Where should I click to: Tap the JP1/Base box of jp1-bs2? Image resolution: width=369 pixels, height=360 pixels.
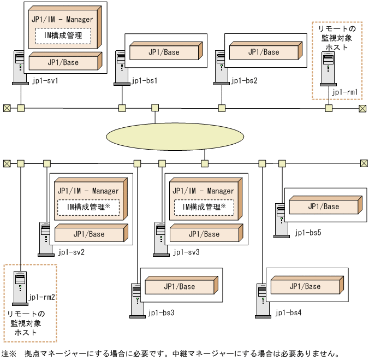(263, 52)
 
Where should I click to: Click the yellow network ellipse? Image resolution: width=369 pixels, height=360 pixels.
(175, 137)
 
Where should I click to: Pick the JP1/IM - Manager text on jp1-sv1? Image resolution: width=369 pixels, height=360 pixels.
(62, 19)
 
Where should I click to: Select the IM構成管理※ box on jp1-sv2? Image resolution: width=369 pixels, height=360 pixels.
(88, 208)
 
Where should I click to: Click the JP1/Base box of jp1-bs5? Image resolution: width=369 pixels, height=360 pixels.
(323, 206)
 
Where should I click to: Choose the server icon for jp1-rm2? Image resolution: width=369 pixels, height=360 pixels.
(20, 287)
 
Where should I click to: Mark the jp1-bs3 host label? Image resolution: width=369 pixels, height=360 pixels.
(161, 313)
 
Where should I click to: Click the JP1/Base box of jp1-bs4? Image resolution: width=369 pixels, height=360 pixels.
(305, 286)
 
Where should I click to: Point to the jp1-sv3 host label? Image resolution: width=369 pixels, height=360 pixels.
(186, 253)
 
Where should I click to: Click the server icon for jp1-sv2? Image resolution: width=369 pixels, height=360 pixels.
(44, 239)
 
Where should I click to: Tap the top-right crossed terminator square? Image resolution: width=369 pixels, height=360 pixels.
(362, 108)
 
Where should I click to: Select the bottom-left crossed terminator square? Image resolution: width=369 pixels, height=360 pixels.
(7, 163)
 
